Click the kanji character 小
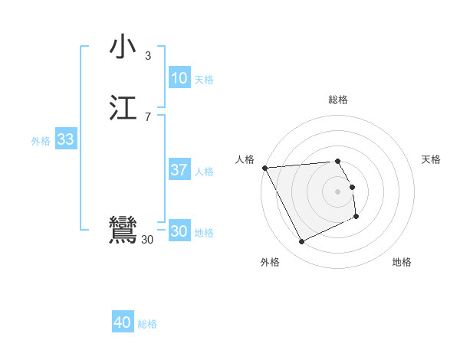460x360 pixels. click(x=123, y=47)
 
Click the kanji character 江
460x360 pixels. click(x=123, y=108)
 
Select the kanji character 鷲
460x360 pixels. click(x=123, y=231)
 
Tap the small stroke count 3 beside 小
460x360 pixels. click(x=148, y=55)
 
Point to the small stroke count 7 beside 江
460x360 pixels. click(x=148, y=116)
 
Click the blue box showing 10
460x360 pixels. click(x=179, y=78)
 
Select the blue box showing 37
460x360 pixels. click(x=179, y=170)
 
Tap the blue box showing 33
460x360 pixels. click(x=65, y=139)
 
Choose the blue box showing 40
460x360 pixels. click(x=123, y=323)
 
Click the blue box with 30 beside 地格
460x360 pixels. click(x=179, y=231)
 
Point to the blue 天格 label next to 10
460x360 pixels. click(x=204, y=80)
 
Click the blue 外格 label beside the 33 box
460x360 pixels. click(x=41, y=141)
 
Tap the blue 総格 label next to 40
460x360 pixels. click(x=147, y=325)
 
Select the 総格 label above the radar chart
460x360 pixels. click(x=338, y=100)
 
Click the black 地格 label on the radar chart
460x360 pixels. click(x=402, y=263)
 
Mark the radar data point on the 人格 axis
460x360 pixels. click(x=264, y=168)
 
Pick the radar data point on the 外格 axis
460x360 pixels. click(x=301, y=242)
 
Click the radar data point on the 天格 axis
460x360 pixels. click(x=352, y=187)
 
